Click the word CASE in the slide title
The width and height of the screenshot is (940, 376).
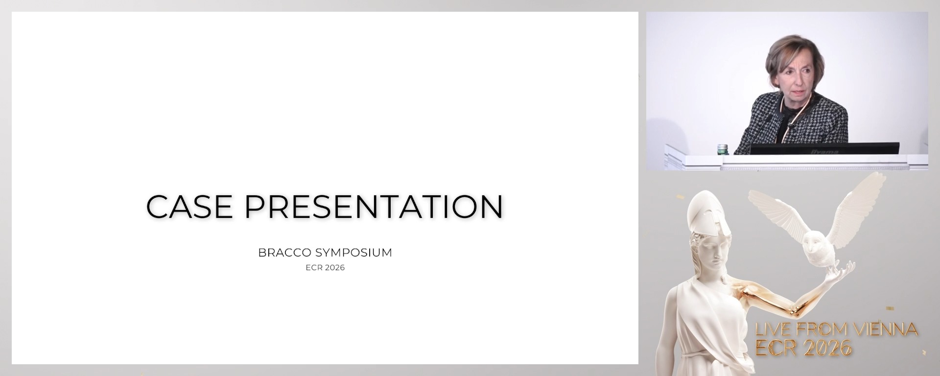(x=189, y=206)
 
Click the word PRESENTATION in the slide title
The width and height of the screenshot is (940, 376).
(x=374, y=206)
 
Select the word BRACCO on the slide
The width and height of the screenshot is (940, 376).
(x=285, y=253)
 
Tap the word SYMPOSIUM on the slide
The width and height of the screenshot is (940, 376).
(x=353, y=253)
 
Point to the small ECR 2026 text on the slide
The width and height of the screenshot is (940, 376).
(x=325, y=268)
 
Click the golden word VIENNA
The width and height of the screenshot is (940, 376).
(x=886, y=329)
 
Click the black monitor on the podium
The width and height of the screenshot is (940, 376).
(x=824, y=148)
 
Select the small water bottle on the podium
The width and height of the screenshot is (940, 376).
(x=723, y=149)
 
